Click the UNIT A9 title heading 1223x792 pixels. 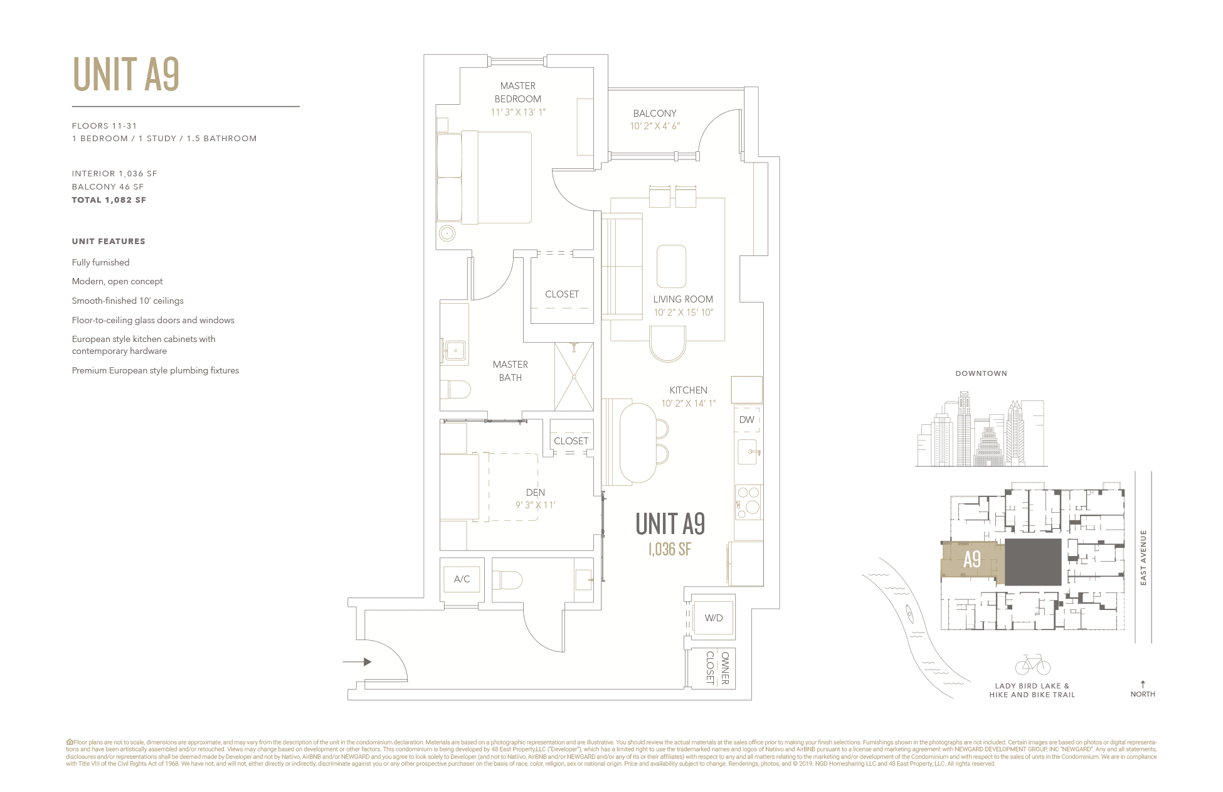[126, 75]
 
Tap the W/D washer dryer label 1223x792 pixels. [713, 618]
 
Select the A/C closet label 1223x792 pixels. [462, 579]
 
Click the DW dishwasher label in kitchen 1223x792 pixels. [746, 420]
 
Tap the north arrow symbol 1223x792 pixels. [1143, 685]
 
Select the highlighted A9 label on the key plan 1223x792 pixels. [972, 559]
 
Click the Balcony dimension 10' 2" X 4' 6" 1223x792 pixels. [655, 126]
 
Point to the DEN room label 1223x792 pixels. [535, 493]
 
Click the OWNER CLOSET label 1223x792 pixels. [717, 668]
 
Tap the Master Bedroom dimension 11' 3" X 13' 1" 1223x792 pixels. [518, 112]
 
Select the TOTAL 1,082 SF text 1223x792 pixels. [109, 200]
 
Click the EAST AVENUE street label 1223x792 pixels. [1143, 558]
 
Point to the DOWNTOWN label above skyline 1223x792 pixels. [981, 373]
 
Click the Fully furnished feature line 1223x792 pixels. [101, 263]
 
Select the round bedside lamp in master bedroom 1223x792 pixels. [447, 233]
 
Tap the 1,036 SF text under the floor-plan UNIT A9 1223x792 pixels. [669, 550]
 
